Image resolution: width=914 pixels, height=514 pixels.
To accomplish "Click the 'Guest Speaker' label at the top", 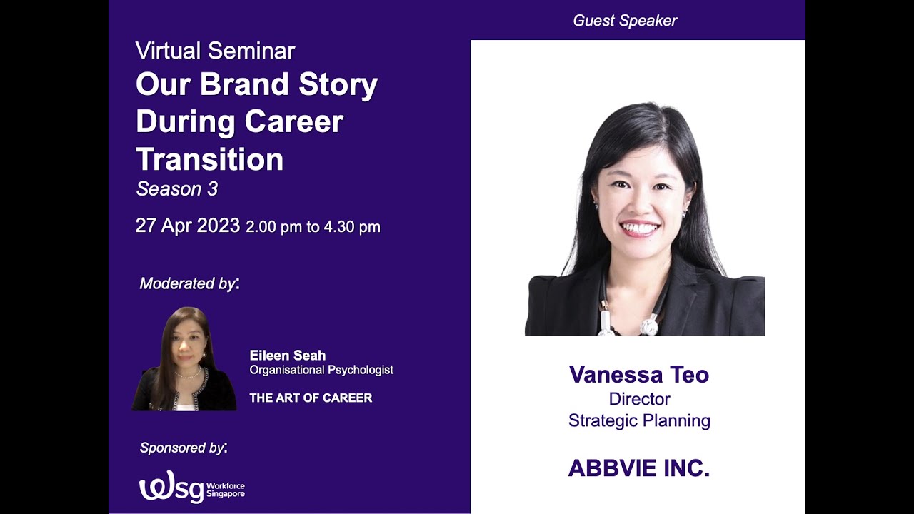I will pyautogui.click(x=625, y=21).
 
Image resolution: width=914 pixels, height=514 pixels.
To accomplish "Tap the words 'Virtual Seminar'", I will pyautogui.click(x=215, y=51).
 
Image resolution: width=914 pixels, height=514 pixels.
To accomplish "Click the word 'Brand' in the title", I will pyautogui.click(x=246, y=85).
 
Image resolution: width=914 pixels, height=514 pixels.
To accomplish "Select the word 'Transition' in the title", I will pyautogui.click(x=209, y=159).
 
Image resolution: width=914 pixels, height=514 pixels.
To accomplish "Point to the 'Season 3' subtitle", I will pyautogui.click(x=177, y=189).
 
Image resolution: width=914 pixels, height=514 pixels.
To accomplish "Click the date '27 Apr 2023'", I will pyautogui.click(x=187, y=226).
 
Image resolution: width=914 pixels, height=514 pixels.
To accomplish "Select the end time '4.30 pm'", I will pyautogui.click(x=352, y=227).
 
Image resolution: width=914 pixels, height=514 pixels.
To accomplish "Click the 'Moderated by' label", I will pyautogui.click(x=189, y=283).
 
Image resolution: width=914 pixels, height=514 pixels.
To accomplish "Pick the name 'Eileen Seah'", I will pyautogui.click(x=287, y=356).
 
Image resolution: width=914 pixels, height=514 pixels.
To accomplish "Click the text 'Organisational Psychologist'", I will pyautogui.click(x=321, y=370).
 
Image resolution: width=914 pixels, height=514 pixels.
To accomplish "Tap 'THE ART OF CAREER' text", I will pyautogui.click(x=311, y=398).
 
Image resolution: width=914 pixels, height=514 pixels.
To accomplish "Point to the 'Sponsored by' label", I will pyautogui.click(x=183, y=448).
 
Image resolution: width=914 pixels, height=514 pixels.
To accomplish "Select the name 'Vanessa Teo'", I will pyautogui.click(x=638, y=375).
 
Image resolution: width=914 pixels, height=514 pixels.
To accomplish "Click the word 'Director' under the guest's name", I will pyautogui.click(x=639, y=399).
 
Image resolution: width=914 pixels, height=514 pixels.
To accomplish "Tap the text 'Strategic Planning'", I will pyautogui.click(x=639, y=420).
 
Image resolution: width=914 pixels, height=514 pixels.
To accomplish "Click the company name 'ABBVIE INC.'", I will pyautogui.click(x=638, y=468).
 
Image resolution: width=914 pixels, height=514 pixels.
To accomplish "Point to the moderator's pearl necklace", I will pyautogui.click(x=188, y=374).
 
